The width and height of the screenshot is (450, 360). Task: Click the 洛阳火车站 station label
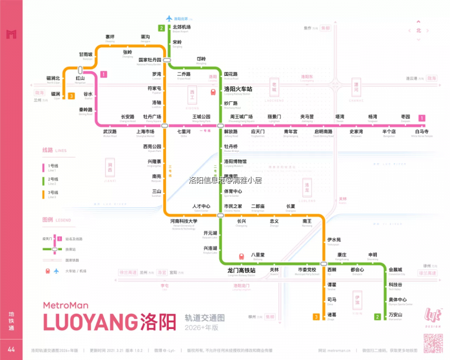coord(238,89)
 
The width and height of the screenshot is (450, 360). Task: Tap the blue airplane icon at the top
coord(169,19)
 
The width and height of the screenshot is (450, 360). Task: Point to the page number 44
coord(11,350)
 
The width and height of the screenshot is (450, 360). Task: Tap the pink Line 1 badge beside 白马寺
coord(422,118)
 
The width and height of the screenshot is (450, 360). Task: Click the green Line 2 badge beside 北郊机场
coord(161,28)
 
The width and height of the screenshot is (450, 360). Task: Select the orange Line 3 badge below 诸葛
coord(316,317)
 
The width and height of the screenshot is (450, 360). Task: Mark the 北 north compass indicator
coord(418,30)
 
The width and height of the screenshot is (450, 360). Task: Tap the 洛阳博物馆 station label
coord(235,161)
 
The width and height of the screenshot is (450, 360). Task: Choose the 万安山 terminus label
coord(395,314)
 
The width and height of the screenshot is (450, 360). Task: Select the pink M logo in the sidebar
coord(11,34)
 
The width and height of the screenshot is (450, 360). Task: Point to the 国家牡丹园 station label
coord(150,60)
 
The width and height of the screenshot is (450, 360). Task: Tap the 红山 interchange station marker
coord(80,70)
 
